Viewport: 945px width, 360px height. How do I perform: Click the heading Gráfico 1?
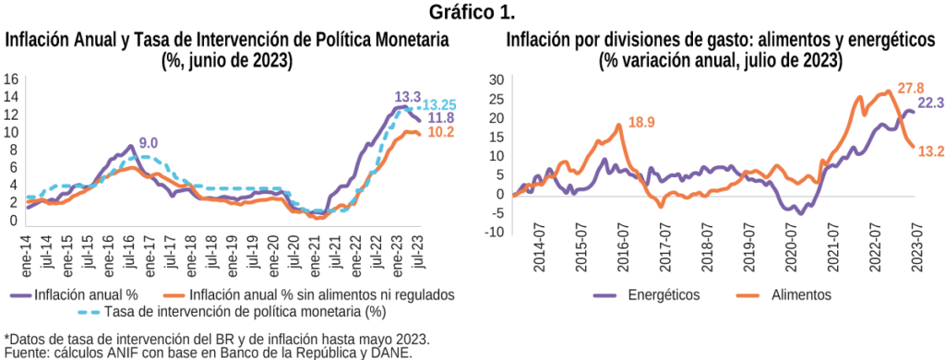[472, 12]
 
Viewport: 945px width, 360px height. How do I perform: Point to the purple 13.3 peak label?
[409, 97]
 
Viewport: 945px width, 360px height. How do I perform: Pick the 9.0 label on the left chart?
[148, 143]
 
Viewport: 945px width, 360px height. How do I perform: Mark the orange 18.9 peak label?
[641, 123]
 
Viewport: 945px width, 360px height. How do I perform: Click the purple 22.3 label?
[930, 103]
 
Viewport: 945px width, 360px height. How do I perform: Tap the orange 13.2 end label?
[931, 151]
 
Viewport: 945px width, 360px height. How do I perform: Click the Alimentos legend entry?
[784, 294]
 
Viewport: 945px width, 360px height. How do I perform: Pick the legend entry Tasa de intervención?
[232, 312]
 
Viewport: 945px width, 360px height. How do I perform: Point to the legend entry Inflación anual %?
[75, 295]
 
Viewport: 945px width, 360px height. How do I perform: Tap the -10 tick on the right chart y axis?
[496, 233]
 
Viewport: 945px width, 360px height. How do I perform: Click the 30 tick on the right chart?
[496, 80]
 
